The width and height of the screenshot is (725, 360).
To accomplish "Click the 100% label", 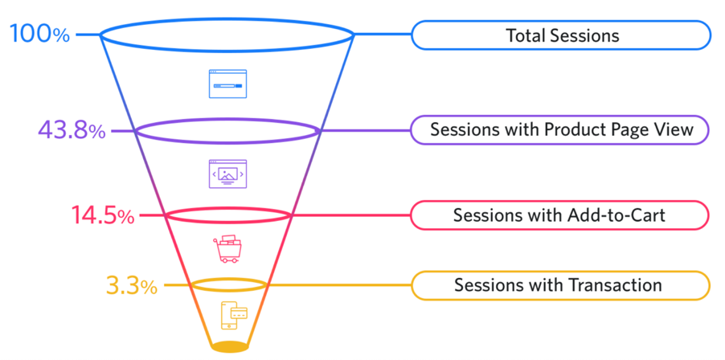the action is tap(39, 34).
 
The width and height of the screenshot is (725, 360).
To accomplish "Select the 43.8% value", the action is tap(72, 131).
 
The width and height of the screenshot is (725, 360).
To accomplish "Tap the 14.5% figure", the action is tap(103, 215).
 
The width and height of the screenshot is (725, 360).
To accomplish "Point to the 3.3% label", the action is tap(132, 285).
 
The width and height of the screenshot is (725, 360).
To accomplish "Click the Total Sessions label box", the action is tap(560, 35).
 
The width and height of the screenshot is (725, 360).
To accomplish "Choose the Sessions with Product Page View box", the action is tap(559, 130).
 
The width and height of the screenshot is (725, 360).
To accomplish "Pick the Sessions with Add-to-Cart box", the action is tap(559, 215).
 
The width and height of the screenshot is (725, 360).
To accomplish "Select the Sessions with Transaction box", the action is tap(560, 285).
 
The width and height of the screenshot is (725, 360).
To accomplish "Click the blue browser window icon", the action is tap(228, 84).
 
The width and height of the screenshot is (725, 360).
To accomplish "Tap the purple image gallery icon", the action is tap(228, 174).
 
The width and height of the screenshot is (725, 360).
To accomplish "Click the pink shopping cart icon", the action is tap(227, 249).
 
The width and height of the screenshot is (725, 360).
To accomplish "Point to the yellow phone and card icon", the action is tap(235, 315).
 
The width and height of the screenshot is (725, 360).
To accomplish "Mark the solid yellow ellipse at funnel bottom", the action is tap(229, 346).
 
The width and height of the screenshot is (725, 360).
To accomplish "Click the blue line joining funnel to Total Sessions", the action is tap(383, 35).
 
